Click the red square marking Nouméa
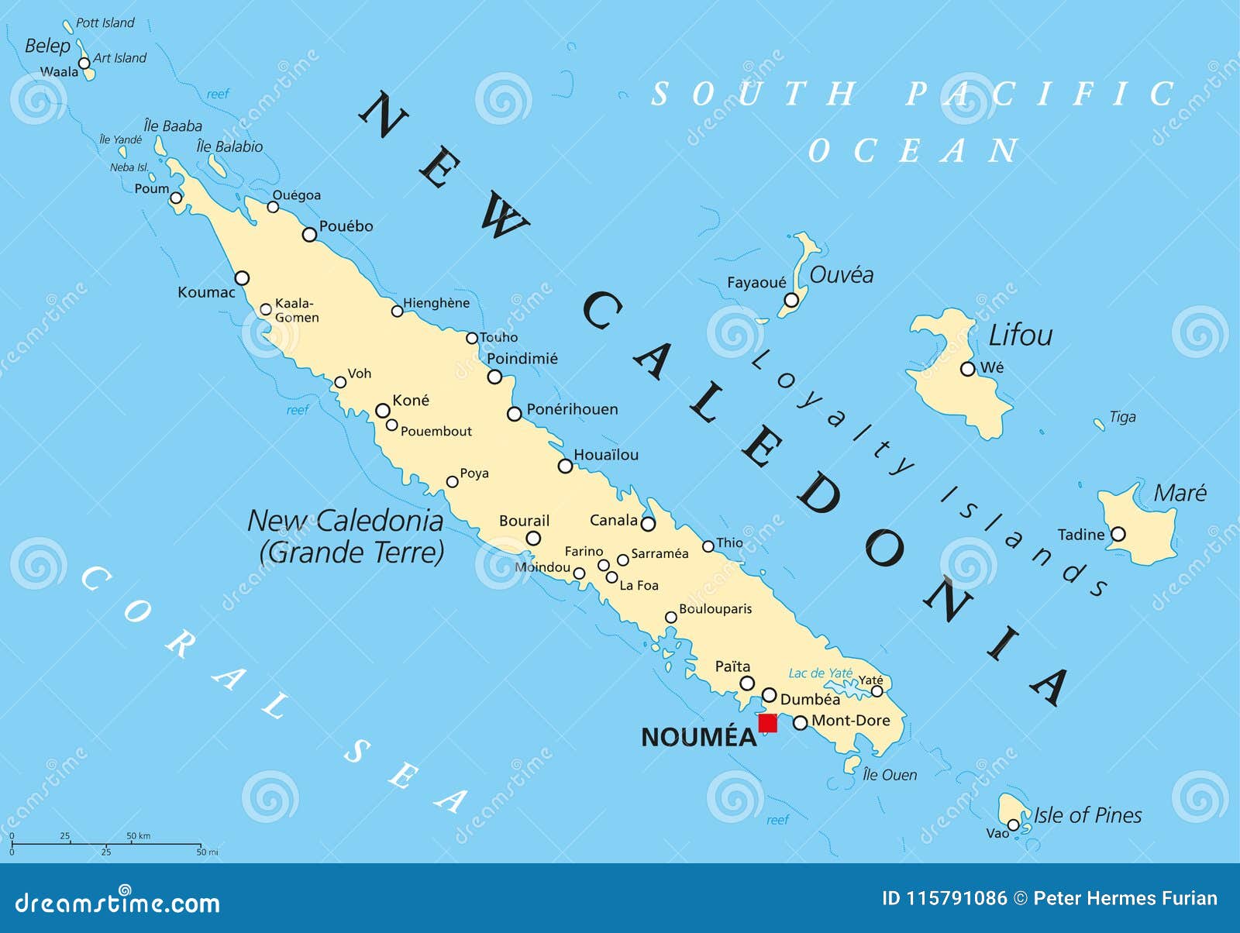click(767, 723)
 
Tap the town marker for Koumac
click(242, 278)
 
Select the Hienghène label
click(436, 303)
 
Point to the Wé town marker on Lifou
click(967, 369)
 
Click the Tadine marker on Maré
click(1118, 534)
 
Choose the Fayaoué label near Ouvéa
click(756, 283)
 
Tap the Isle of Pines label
click(1087, 815)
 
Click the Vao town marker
click(1013, 825)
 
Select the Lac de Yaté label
click(820, 673)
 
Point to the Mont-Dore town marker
click(801, 723)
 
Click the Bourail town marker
click(533, 539)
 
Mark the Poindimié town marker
click(494, 377)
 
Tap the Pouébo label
click(346, 226)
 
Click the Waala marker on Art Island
click(84, 63)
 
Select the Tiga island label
click(1122, 417)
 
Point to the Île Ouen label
click(890, 775)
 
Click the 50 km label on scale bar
click(138, 836)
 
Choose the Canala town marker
click(648, 524)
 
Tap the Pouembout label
click(436, 432)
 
